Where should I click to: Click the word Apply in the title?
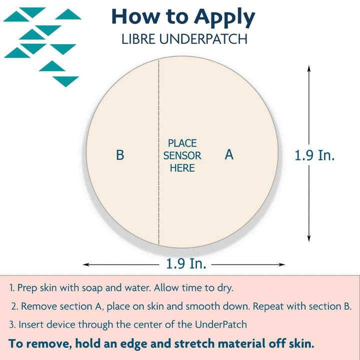(224, 17)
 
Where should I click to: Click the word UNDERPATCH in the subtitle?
(203, 39)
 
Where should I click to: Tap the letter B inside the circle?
(120, 155)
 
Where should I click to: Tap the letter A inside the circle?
(229, 154)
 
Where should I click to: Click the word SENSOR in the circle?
(182, 155)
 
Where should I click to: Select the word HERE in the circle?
(182, 168)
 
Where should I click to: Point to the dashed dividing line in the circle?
(158, 152)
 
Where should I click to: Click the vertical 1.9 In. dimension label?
(314, 155)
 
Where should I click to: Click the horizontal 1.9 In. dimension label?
(186, 263)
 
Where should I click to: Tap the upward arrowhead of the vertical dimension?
(309, 68)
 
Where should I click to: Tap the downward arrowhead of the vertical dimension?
(309, 238)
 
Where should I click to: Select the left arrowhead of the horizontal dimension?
(86, 264)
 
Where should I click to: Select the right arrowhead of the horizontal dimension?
(281, 264)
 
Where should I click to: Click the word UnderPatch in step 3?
(221, 325)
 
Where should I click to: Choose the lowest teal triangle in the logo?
(66, 81)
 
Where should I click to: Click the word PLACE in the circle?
(182, 143)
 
